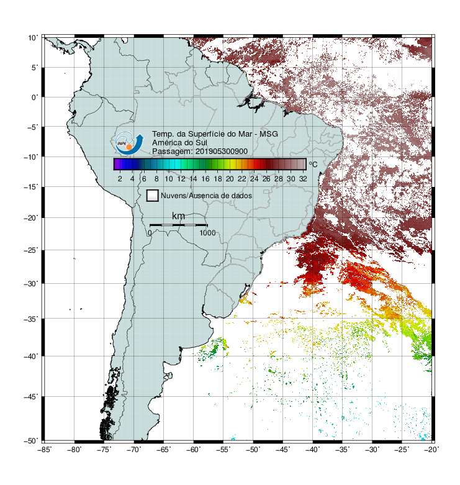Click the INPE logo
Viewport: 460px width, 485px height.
click(x=129, y=143)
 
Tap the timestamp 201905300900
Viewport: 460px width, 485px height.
click(x=222, y=152)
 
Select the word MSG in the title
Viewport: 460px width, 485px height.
click(x=268, y=134)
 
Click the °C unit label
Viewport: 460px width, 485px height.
click(x=313, y=164)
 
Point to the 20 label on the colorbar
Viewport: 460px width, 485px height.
click(x=230, y=179)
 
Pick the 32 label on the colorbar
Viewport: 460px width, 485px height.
click(x=303, y=179)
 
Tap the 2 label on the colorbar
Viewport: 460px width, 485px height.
click(x=120, y=179)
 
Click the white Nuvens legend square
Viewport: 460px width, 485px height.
click(x=153, y=196)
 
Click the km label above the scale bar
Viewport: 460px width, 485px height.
click(x=178, y=215)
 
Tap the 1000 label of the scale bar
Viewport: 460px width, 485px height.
click(x=207, y=233)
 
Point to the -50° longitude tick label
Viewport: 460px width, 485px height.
click(x=253, y=450)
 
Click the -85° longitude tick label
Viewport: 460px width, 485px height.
click(x=45, y=450)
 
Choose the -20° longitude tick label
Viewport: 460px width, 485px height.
click(x=431, y=450)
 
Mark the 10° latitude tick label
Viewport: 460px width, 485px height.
click(x=33, y=38)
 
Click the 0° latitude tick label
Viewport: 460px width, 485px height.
click(x=35, y=97)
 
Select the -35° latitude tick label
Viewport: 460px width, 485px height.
click(x=31, y=319)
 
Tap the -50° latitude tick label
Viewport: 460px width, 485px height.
click(x=31, y=441)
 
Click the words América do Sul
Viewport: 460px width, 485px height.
click(x=179, y=143)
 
